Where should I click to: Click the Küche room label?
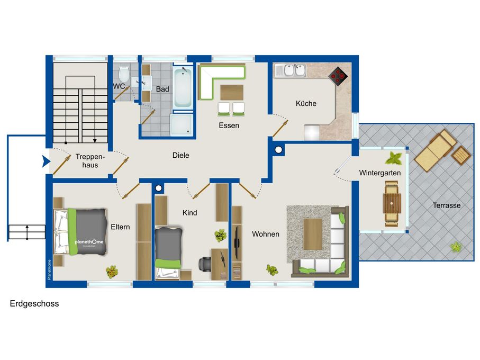click(306, 103)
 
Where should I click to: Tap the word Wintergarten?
click(379, 173)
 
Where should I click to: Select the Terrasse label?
click(446, 205)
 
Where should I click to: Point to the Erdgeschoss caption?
click(34, 304)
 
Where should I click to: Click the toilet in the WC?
click(124, 74)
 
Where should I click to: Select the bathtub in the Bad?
click(183, 87)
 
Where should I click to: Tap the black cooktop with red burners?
click(338, 76)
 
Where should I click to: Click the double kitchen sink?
click(294, 70)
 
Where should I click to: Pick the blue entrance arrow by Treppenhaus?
click(46, 161)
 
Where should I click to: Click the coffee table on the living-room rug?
click(313, 234)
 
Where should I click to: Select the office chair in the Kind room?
click(205, 264)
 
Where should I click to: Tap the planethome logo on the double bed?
click(89, 242)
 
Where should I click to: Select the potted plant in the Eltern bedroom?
click(112, 272)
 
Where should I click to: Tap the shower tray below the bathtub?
click(182, 124)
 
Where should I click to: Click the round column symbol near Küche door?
click(278, 150)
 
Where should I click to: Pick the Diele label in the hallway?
click(180, 155)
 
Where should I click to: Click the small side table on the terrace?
click(461, 155)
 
